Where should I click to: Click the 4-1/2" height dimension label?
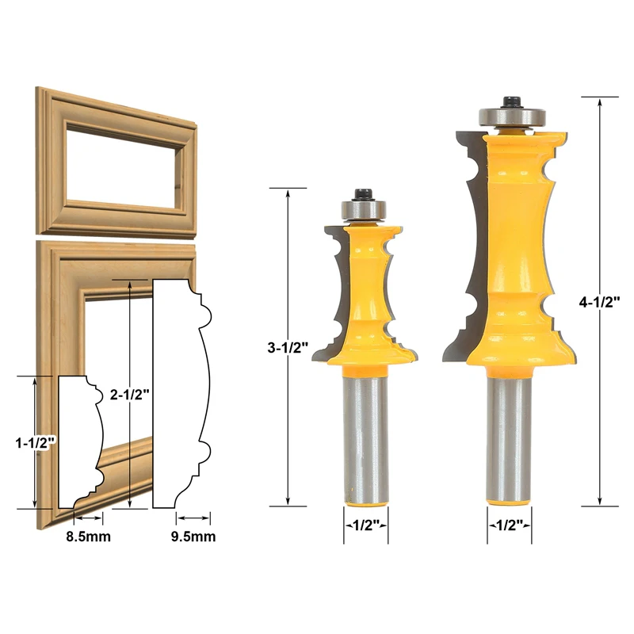pyautogui.click(x=599, y=302)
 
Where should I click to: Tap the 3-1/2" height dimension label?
pyautogui.click(x=288, y=347)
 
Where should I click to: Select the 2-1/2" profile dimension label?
pyautogui.click(x=130, y=394)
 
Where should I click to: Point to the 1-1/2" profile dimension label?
pyautogui.click(x=35, y=443)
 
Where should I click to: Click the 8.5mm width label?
pyautogui.click(x=89, y=537)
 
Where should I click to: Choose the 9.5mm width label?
pyautogui.click(x=193, y=537)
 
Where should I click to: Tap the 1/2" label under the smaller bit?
pyautogui.click(x=366, y=525)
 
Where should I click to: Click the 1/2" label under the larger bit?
pyautogui.click(x=510, y=525)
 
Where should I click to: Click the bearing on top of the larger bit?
pyautogui.click(x=513, y=116)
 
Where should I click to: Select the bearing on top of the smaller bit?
pyautogui.click(x=364, y=209)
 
